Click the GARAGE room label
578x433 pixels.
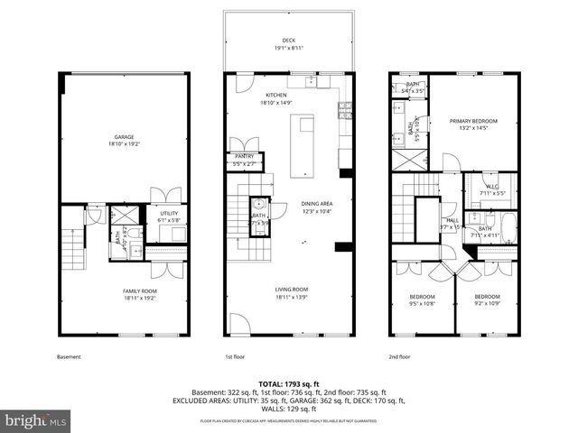(x=124, y=137)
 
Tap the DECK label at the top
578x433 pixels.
(x=288, y=41)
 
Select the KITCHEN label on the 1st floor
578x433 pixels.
(x=276, y=95)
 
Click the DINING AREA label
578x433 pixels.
(x=317, y=204)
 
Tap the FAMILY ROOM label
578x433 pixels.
(x=140, y=290)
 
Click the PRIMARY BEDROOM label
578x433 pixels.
(x=474, y=121)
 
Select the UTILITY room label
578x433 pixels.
(x=170, y=214)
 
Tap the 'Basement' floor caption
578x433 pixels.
(x=69, y=356)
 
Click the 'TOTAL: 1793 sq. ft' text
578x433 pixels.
(x=289, y=384)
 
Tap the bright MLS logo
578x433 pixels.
(x=36, y=419)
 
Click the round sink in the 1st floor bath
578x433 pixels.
(x=256, y=203)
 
